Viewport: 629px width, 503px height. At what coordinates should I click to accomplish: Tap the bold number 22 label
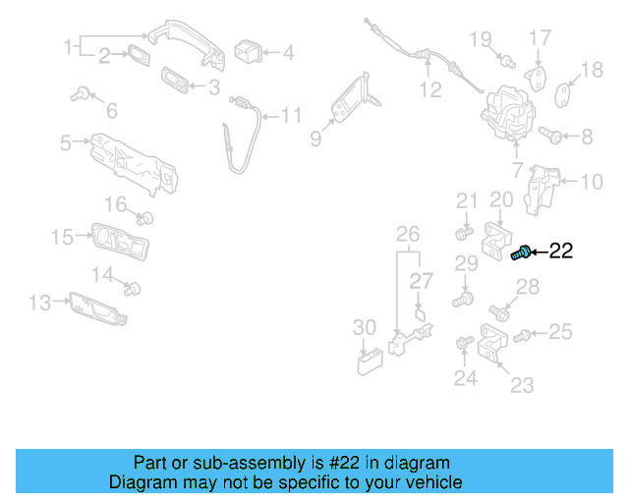click(x=560, y=251)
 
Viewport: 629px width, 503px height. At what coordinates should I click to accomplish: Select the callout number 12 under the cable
click(x=430, y=90)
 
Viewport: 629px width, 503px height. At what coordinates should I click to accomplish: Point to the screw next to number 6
click(x=80, y=94)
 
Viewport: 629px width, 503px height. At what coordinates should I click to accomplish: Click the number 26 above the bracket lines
click(x=407, y=234)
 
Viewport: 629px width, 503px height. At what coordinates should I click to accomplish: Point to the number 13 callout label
click(x=39, y=303)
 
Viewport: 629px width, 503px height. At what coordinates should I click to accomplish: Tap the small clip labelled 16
click(x=147, y=216)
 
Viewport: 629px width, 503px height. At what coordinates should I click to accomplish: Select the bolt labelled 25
click(x=523, y=336)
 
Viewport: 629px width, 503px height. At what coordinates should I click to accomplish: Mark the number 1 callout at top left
click(x=68, y=46)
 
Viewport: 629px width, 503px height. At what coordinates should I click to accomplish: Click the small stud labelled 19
click(x=508, y=62)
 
